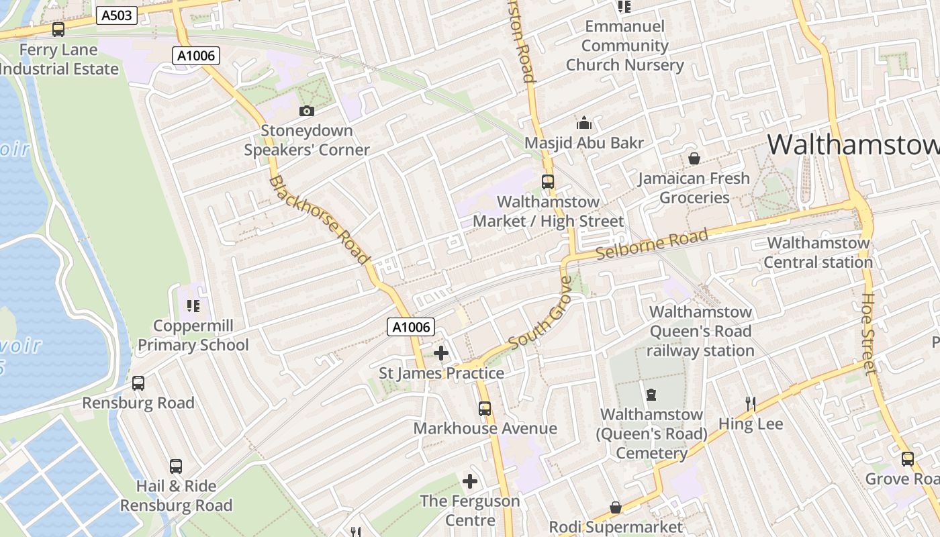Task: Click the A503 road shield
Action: pyautogui.click(x=117, y=15)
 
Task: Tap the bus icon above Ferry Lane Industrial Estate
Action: pyautogui.click(x=58, y=30)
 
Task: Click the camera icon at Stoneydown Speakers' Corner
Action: pyautogui.click(x=307, y=111)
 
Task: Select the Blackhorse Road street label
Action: pyautogui.click(x=320, y=219)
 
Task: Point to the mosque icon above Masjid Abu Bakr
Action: pyautogui.click(x=584, y=123)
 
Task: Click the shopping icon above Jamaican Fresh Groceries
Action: pyautogui.click(x=694, y=159)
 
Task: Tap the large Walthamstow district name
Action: pyautogui.click(x=853, y=144)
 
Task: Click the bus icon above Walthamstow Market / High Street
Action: pyautogui.click(x=548, y=181)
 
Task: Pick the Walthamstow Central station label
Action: pyautogui.click(x=818, y=252)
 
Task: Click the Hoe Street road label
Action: pyautogui.click(x=869, y=333)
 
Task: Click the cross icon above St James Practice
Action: pyautogui.click(x=441, y=353)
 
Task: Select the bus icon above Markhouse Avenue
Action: pyautogui.click(x=485, y=408)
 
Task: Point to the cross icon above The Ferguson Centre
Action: pyautogui.click(x=470, y=481)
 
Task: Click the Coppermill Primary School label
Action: pyautogui.click(x=193, y=336)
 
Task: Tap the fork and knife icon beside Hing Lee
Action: pyautogui.click(x=751, y=404)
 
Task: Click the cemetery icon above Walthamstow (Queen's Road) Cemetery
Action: pyautogui.click(x=651, y=394)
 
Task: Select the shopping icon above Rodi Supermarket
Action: pyautogui.click(x=616, y=507)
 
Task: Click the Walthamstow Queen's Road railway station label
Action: pyautogui.click(x=700, y=331)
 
